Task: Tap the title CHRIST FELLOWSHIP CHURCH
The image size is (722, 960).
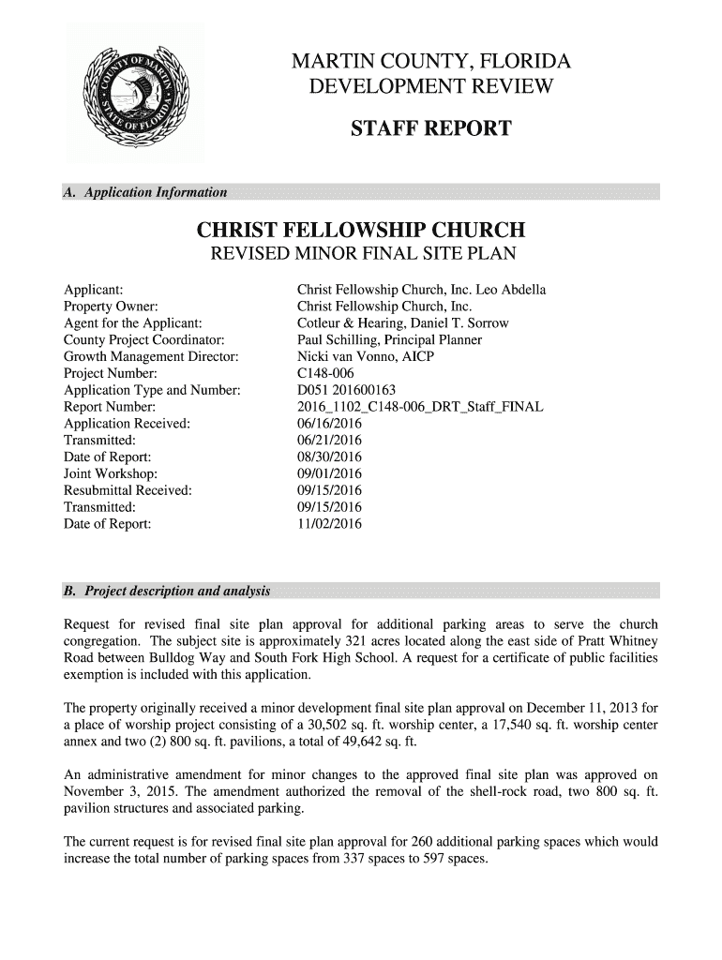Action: pos(359,231)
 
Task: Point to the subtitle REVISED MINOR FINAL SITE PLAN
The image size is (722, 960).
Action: pos(360,255)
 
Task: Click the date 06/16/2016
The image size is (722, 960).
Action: pos(328,423)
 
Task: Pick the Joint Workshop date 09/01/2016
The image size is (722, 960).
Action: pos(328,472)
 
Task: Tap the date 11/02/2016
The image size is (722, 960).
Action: pos(328,523)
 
